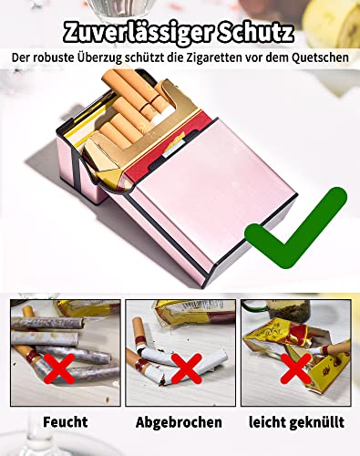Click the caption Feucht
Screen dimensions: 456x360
click(66, 422)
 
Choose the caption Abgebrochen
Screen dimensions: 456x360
click(180, 422)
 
